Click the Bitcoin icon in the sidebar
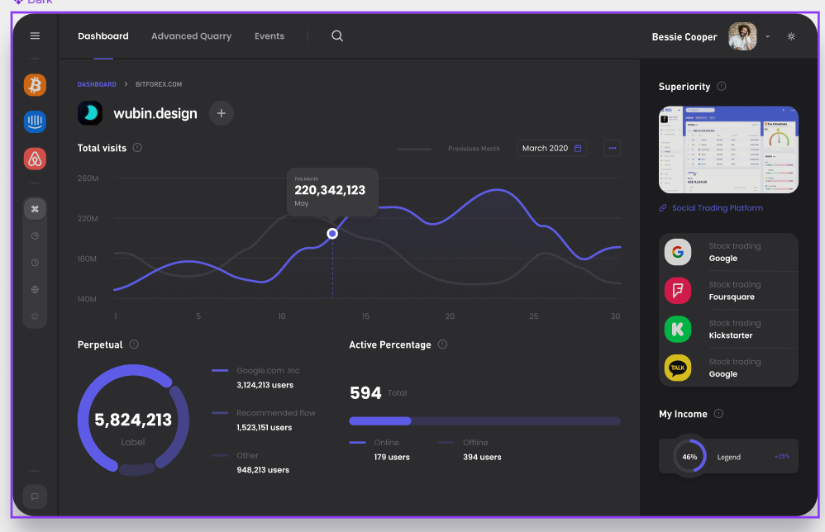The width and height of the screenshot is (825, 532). [x=35, y=85]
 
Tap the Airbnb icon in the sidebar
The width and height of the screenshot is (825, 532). [x=35, y=159]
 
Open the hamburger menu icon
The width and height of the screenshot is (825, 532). [x=35, y=36]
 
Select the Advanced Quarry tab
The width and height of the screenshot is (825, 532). [x=191, y=36]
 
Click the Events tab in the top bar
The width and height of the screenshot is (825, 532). [x=269, y=36]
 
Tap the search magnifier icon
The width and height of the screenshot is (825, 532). [x=337, y=36]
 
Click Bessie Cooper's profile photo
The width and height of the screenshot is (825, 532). [x=742, y=36]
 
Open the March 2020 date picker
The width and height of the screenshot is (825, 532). [x=552, y=149]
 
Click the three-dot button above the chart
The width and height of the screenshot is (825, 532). [x=613, y=149]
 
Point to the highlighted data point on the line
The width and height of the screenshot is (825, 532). [x=332, y=234]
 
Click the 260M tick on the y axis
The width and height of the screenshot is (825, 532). [x=88, y=178]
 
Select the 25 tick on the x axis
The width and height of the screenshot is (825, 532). [x=534, y=316]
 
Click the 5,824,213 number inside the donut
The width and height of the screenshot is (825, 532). [x=133, y=420]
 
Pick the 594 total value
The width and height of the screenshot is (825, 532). [x=365, y=393]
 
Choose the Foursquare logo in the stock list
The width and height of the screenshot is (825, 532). [x=678, y=291]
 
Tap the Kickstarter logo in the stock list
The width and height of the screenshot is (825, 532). [x=678, y=329]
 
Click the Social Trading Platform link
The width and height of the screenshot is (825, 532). [x=717, y=208]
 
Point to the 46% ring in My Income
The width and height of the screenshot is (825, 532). [x=689, y=456]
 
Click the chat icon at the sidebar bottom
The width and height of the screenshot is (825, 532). [x=35, y=496]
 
